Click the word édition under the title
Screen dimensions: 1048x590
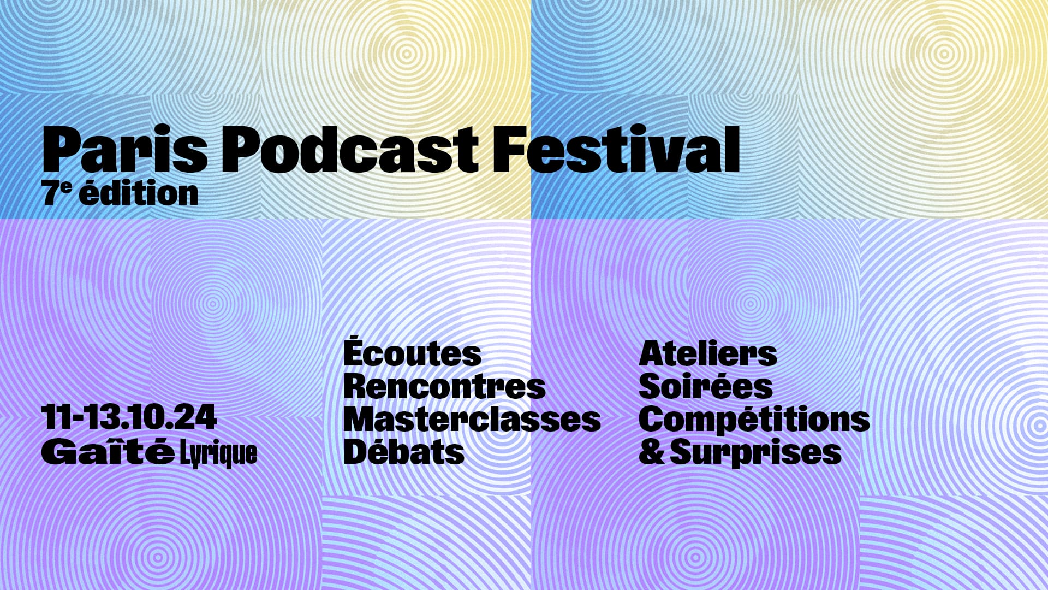pos(139,193)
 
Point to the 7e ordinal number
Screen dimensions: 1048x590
pos(57,193)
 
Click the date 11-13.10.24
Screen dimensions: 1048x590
pos(129,417)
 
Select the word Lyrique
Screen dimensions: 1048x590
pos(218,454)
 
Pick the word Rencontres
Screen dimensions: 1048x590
pos(444,387)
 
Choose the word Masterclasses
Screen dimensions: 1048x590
pos(472,420)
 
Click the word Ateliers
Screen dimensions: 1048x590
pos(707,354)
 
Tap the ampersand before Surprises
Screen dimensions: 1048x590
pos(651,452)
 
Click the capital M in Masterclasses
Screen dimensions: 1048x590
pos(361,420)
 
